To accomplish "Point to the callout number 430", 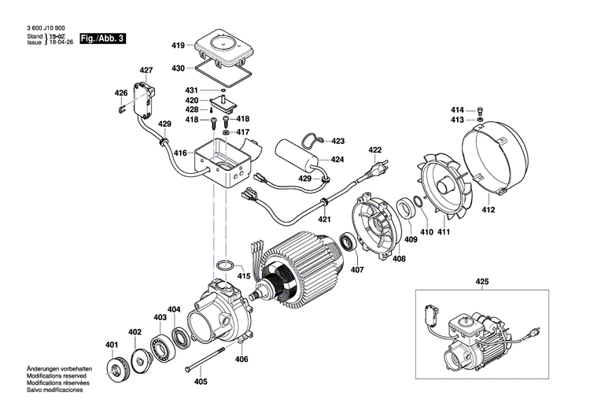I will (178, 68).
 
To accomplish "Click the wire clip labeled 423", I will (315, 141).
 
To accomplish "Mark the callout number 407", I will (358, 270).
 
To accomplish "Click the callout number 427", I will (146, 71).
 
